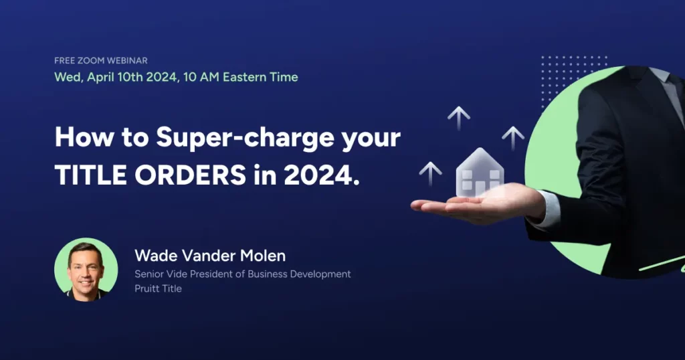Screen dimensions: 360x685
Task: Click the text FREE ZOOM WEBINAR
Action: click(101, 61)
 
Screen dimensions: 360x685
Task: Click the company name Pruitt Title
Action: click(158, 289)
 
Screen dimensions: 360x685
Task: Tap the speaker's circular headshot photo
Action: click(86, 270)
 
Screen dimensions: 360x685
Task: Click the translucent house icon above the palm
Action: click(480, 173)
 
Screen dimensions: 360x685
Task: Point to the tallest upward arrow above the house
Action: click(458, 118)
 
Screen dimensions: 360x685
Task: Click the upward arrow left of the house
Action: click(430, 173)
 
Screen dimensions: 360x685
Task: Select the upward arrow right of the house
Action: click(513, 137)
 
